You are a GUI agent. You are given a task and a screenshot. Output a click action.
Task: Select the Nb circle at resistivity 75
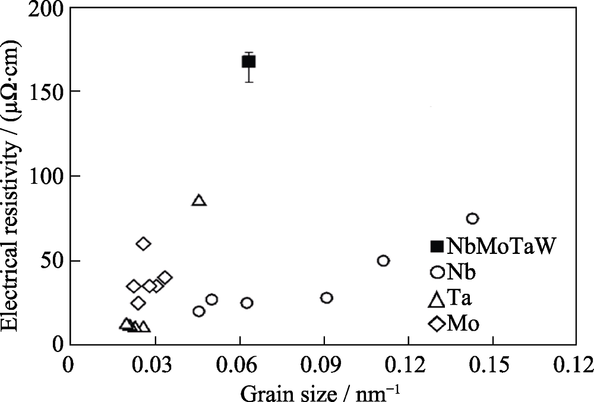tap(472, 218)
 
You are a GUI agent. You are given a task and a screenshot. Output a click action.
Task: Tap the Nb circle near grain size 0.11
tap(383, 260)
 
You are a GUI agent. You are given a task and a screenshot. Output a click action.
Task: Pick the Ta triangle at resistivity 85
tap(199, 200)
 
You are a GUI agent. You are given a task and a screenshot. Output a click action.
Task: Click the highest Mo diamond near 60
tap(143, 243)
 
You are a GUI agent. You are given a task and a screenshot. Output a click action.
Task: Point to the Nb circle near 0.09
tap(326, 297)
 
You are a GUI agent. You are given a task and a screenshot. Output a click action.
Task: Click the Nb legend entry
tap(454, 272)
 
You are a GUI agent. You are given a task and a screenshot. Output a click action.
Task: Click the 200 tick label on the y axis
tap(50, 10)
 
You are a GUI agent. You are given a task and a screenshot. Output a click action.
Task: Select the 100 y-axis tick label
tap(50, 176)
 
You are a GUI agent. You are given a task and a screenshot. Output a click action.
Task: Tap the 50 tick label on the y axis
tap(55, 261)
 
